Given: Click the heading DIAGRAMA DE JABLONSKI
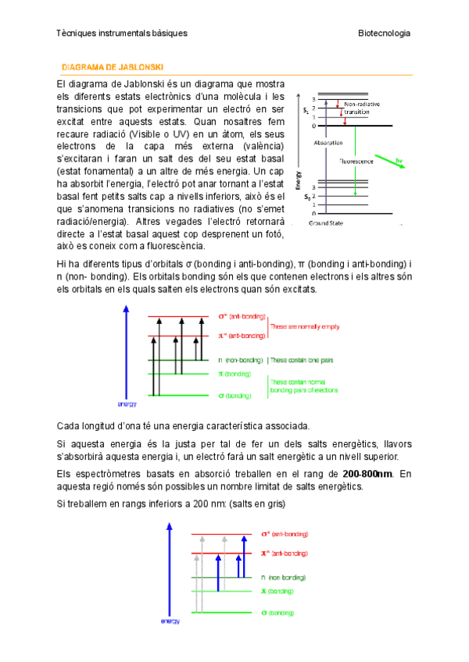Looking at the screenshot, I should (112, 68).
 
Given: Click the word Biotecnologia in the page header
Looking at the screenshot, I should (384, 34).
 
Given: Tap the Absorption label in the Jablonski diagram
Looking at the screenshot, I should (328, 144).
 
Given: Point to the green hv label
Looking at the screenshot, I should (399, 161).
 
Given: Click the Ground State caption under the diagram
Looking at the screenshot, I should (327, 223).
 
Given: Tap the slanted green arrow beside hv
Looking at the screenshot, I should (389, 163).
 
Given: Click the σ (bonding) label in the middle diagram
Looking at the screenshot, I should (235, 396).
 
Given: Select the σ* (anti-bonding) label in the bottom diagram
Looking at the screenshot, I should (285, 534).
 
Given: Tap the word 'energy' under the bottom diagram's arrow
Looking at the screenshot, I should (170, 621).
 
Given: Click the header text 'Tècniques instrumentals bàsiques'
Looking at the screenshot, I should (122, 34).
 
